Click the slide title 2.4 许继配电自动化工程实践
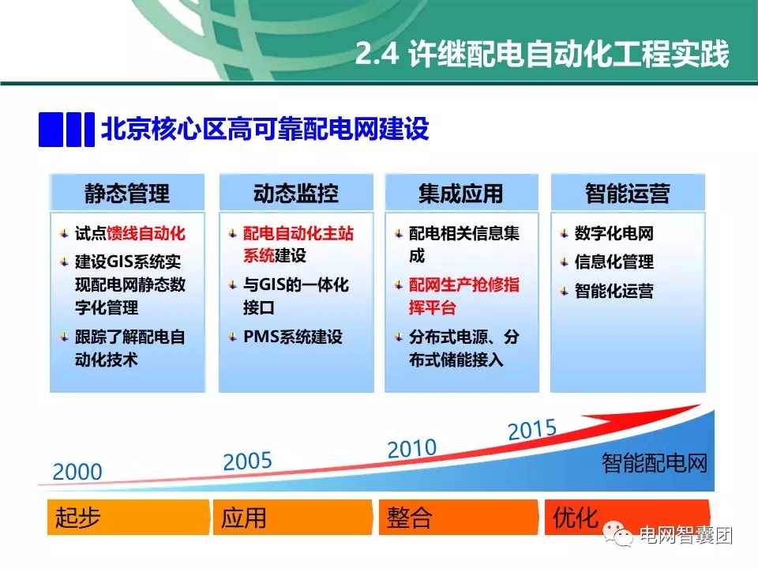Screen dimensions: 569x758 coord(542,55)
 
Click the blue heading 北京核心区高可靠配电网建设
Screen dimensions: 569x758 coord(265,130)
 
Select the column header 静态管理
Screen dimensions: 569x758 coord(127,194)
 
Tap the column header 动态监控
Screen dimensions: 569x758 coord(295,194)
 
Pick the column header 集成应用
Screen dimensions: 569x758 coord(461,194)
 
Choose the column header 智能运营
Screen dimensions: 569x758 coord(627,194)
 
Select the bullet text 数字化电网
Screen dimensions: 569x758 coord(614,234)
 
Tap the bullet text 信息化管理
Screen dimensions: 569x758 coord(614,262)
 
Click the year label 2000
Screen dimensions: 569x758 coord(77,473)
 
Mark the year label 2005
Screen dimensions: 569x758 coord(247,462)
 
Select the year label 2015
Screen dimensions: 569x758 coord(532,430)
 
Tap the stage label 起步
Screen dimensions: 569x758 coord(78,518)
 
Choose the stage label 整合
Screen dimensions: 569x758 coord(409,518)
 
